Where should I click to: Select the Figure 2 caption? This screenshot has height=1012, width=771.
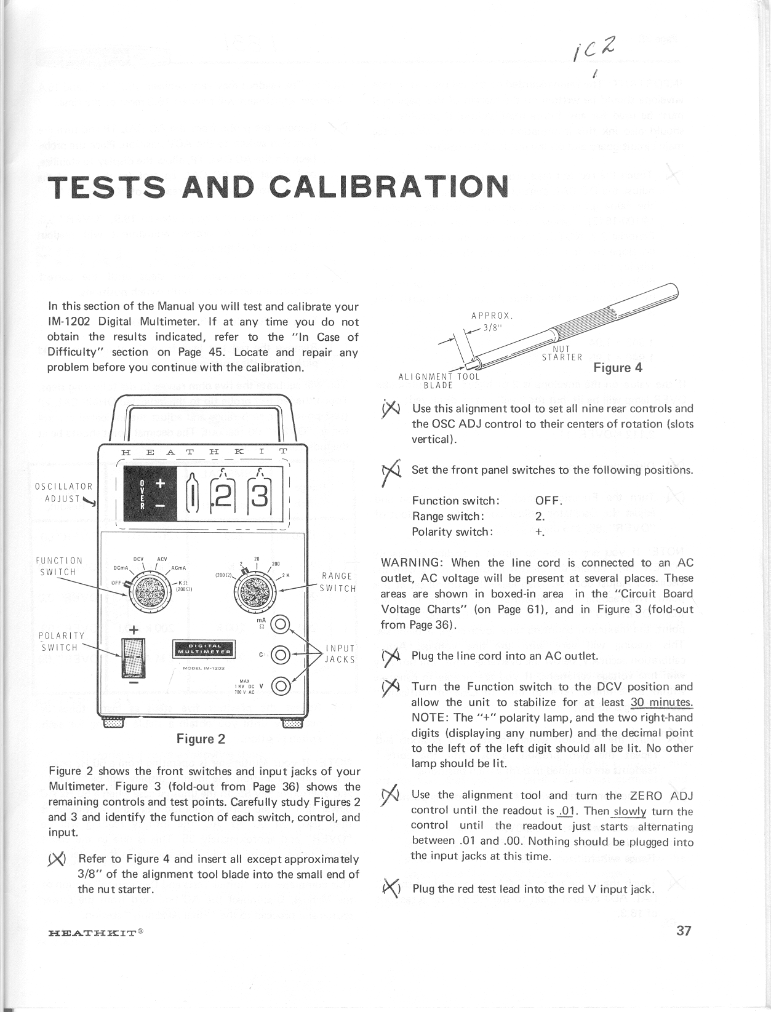[x=201, y=738]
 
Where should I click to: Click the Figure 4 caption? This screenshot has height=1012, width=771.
[x=618, y=368]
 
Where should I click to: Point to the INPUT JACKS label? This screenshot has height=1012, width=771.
[x=339, y=653]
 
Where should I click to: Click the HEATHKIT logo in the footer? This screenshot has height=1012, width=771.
[x=95, y=931]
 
